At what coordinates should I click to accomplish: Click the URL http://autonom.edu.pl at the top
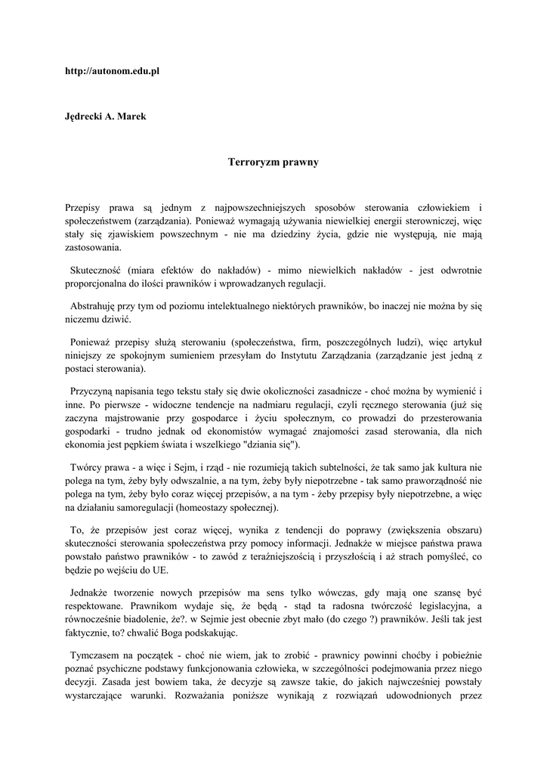pyautogui.click(x=113, y=70)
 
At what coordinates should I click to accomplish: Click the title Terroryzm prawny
pyautogui.click(x=273, y=162)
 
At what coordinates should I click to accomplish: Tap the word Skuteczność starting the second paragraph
pyautogui.click(x=95, y=269)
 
